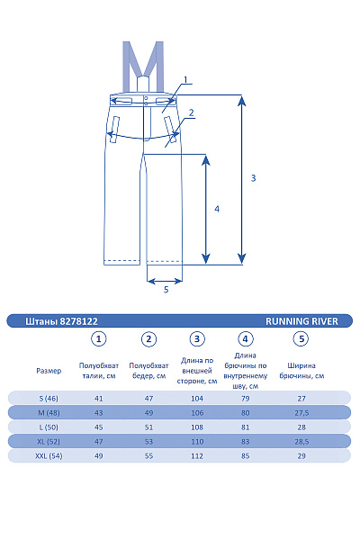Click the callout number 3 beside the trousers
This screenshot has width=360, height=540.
tap(253, 178)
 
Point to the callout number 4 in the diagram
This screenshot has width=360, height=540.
tap(217, 209)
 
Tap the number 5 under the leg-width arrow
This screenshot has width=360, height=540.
tap(166, 290)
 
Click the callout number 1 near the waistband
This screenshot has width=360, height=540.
tap(185, 80)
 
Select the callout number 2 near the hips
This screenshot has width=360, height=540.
tap(191, 112)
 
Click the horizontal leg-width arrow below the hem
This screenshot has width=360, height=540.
tap(165, 282)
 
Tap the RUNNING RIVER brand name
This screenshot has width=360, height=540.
tap(301, 321)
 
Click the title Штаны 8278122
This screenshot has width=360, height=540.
tap(61, 321)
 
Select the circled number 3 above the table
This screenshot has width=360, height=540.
tap(197, 339)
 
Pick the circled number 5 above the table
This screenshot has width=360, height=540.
tap(301, 339)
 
